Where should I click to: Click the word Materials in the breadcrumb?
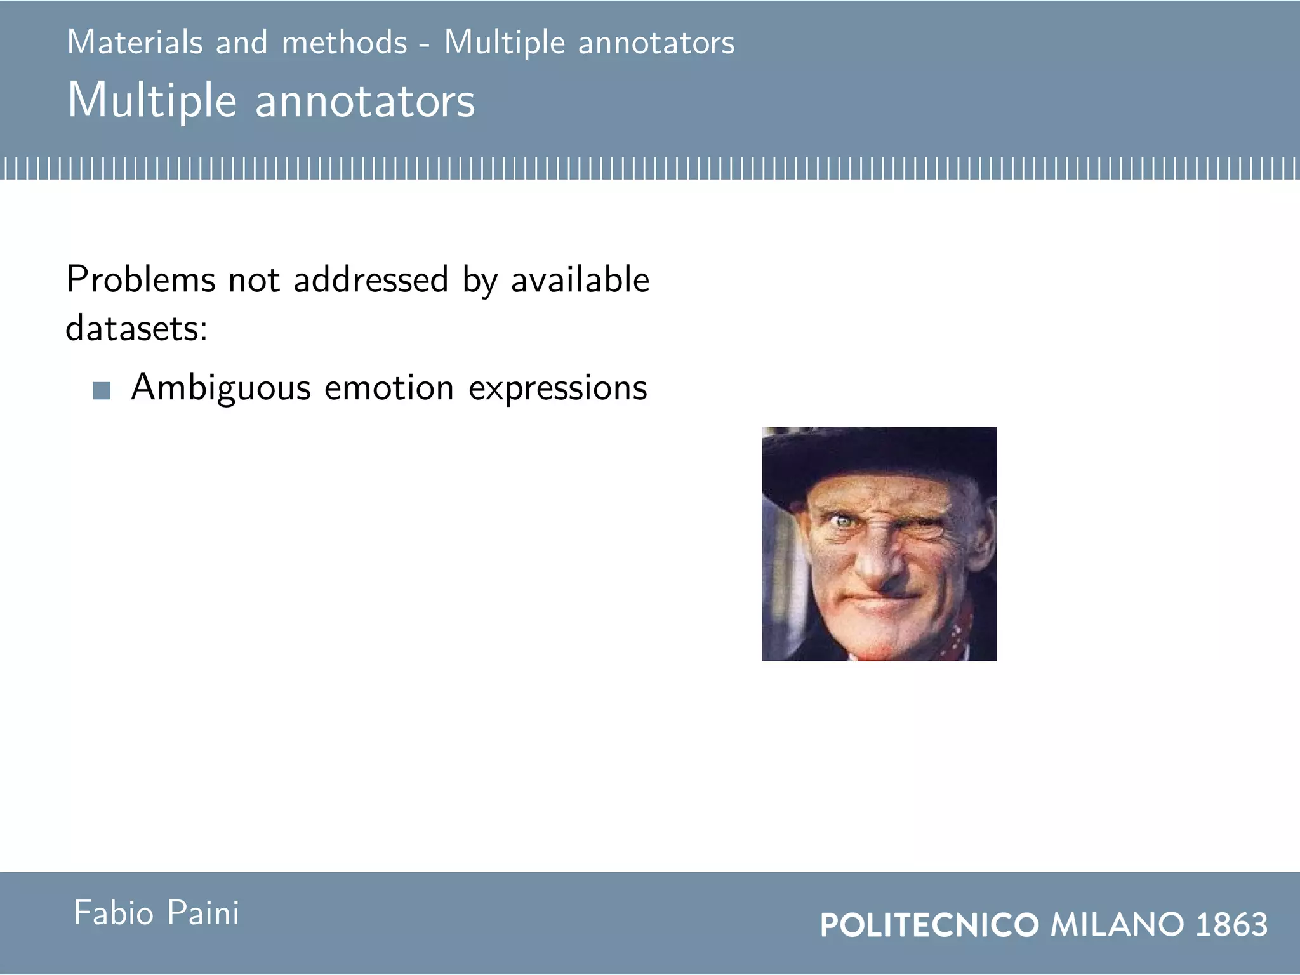[x=135, y=43]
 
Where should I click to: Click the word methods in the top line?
[x=344, y=43]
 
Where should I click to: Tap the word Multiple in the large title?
[x=152, y=100]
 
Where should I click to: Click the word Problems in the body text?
[x=140, y=279]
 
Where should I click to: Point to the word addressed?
[x=371, y=279]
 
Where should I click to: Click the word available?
[x=580, y=279]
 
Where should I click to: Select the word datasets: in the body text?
[x=136, y=328]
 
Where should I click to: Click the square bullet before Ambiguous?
[x=102, y=390]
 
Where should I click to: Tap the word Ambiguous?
[x=220, y=387]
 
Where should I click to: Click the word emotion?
[x=388, y=387]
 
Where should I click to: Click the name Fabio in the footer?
[x=114, y=913]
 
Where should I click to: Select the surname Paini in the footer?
[x=203, y=913]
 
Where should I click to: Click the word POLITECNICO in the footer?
[x=929, y=925]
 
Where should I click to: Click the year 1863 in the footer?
[x=1231, y=925]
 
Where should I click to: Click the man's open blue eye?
[x=843, y=522]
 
